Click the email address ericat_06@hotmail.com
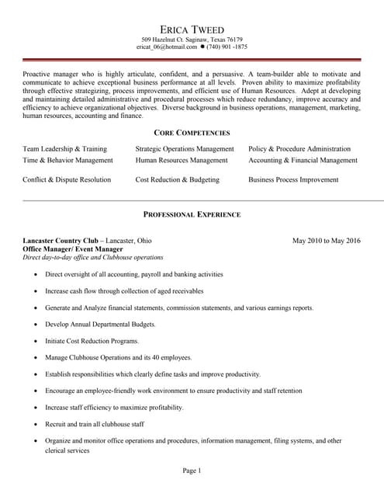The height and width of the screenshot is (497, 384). pyautogui.click(x=167, y=47)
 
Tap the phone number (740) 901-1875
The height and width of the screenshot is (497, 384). pyautogui.click(x=227, y=47)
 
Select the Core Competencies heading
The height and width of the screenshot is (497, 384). pyautogui.click(x=192, y=133)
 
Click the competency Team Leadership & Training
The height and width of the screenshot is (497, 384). pyautogui.click(x=64, y=148)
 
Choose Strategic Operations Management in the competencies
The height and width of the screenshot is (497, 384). pyautogui.click(x=184, y=148)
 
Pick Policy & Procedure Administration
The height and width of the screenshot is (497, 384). pyautogui.click(x=299, y=148)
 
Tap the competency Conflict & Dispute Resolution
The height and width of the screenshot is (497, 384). pyautogui.click(x=67, y=179)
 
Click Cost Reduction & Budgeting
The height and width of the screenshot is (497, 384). pyautogui.click(x=177, y=179)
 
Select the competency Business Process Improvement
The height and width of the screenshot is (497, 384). pyautogui.click(x=293, y=179)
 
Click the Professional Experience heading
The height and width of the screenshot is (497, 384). pyautogui.click(x=192, y=214)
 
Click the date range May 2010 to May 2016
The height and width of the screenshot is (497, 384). pyautogui.click(x=326, y=240)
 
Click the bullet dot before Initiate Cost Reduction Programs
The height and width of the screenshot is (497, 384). pyautogui.click(x=35, y=341)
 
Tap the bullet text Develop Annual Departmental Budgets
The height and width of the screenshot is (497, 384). pyautogui.click(x=100, y=324)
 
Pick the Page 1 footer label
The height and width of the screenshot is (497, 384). pyautogui.click(x=192, y=471)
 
